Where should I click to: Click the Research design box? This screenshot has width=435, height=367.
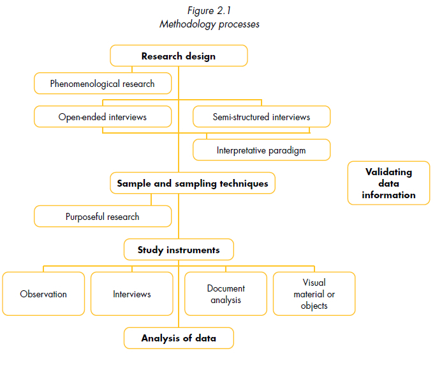point(179,56)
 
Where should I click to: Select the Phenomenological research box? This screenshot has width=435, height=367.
point(103,83)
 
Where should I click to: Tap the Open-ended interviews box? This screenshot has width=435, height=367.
point(103,117)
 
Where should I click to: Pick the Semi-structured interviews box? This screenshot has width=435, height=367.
point(262,117)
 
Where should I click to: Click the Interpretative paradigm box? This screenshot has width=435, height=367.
point(262,150)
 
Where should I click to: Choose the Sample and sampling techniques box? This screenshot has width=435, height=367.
point(193,183)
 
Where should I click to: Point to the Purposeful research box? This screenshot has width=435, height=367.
point(103,216)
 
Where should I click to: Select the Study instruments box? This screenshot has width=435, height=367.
point(179,249)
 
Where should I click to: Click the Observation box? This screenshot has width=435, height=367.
point(43,294)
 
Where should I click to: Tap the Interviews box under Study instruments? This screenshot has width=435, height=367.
point(132,294)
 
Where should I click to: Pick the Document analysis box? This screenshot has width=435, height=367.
point(226,294)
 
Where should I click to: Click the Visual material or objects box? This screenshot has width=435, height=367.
point(314,294)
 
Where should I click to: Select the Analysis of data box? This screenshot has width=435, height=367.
point(179,338)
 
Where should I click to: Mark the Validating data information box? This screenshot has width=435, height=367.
point(388,183)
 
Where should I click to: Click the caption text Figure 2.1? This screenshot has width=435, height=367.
point(209,12)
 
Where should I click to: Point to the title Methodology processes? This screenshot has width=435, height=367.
point(209,24)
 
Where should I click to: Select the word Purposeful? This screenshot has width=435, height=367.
point(85,216)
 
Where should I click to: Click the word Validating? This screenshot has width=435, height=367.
point(388,172)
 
